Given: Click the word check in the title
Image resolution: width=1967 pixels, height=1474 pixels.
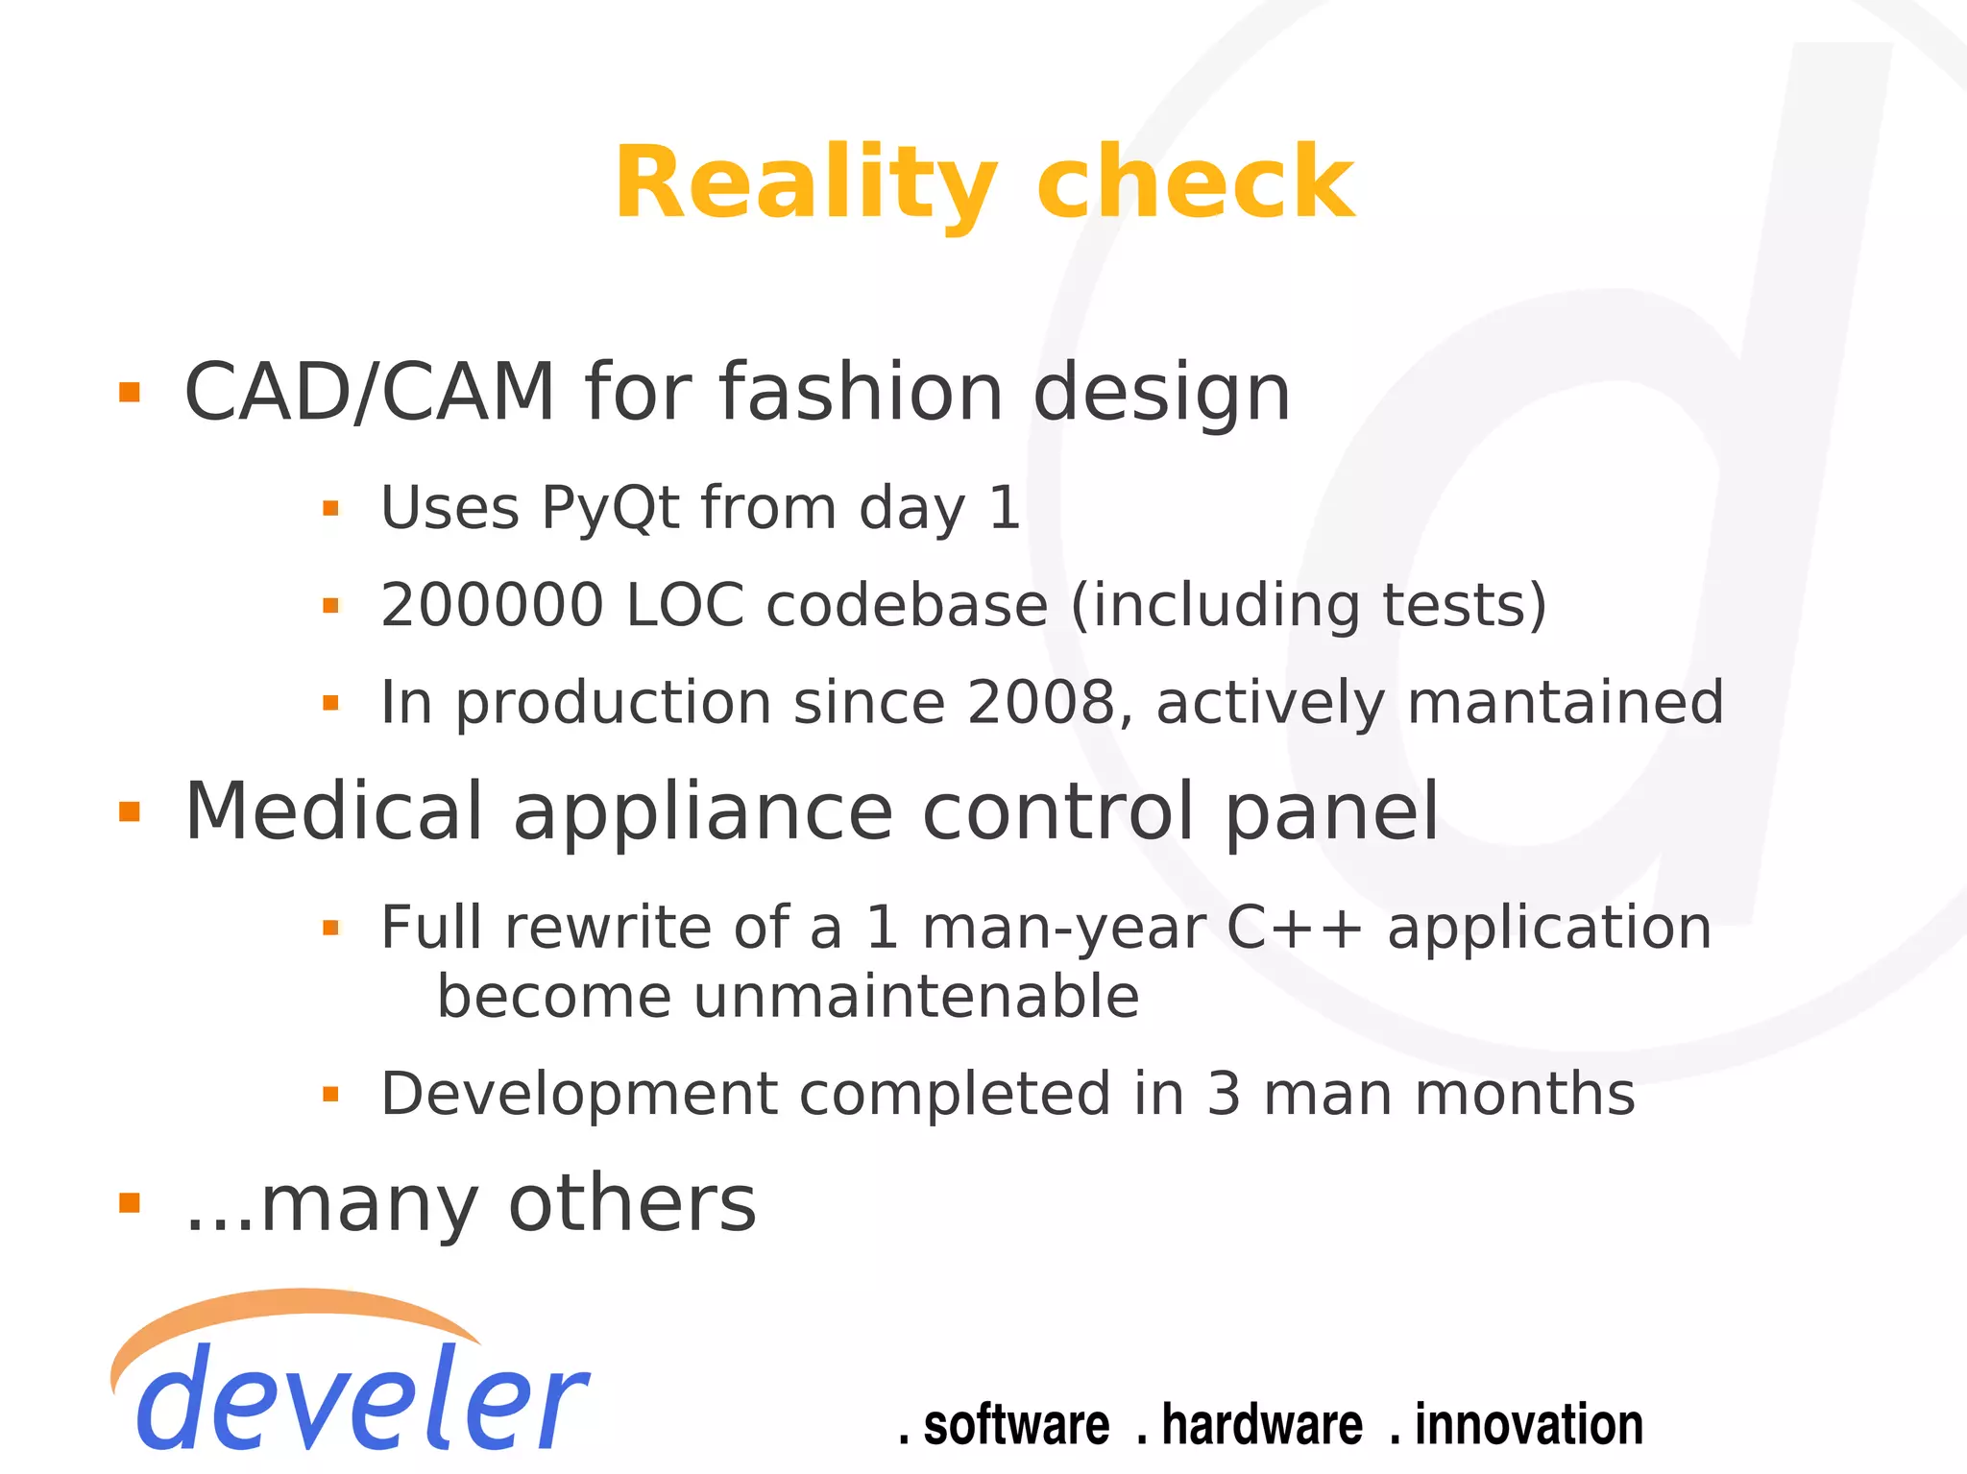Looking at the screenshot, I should pyautogui.click(x=1195, y=182).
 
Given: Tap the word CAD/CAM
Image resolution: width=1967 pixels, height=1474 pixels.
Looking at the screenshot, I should pyautogui.click(x=370, y=392).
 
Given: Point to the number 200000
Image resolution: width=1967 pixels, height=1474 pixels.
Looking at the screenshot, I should pyautogui.click(x=492, y=605).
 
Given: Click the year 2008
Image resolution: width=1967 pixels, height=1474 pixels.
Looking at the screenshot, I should pyautogui.click(x=1041, y=702).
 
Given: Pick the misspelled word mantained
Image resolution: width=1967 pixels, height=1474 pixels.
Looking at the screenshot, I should pyautogui.click(x=1566, y=702).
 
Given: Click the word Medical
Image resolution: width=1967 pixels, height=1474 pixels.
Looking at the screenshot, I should pyautogui.click(x=333, y=812).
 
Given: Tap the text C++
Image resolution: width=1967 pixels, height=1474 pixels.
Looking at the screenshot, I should pyautogui.click(x=1295, y=929).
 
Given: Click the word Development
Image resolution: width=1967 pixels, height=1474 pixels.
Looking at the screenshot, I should pyautogui.click(x=579, y=1094).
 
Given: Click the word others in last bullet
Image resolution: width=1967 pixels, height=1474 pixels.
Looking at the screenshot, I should pyautogui.click(x=632, y=1203).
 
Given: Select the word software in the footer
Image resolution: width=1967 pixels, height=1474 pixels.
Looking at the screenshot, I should pyautogui.click(x=1015, y=1425).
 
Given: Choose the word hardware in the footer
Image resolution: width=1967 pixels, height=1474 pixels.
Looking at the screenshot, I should pyautogui.click(x=1261, y=1425).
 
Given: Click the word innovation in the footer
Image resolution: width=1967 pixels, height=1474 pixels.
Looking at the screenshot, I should pyautogui.click(x=1528, y=1425).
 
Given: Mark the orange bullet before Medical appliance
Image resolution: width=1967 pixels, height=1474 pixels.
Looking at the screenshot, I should pyautogui.click(x=130, y=812).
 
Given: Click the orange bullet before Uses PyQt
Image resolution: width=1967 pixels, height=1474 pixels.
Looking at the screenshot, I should pyautogui.click(x=330, y=508).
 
